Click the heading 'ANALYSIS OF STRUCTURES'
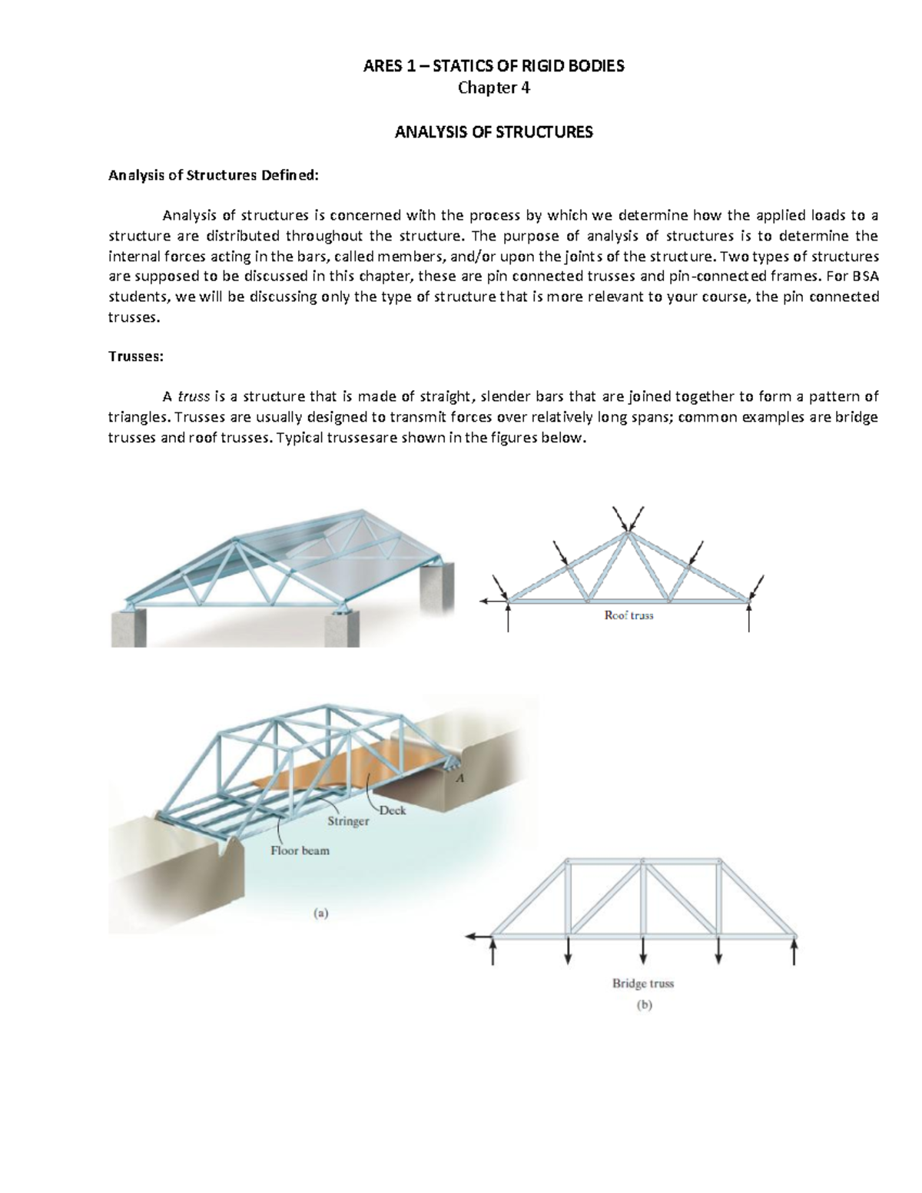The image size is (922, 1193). pos(493,132)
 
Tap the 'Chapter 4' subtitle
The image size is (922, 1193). pos(493,88)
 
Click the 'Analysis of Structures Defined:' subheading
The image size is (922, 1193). pos(212,175)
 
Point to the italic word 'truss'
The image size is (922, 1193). pos(194,396)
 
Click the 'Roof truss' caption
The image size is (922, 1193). pos(628,615)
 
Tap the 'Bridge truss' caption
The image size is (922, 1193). pos(642,983)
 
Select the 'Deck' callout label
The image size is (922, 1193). pos(393,810)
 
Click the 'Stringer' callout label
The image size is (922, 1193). pos(348,821)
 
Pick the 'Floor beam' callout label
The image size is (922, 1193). pos(300,850)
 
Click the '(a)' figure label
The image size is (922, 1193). pos(320,913)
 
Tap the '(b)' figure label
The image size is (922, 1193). pos(643,1005)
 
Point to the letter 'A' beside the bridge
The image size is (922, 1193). pos(461,777)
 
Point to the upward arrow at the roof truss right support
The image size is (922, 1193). pos(749,618)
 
